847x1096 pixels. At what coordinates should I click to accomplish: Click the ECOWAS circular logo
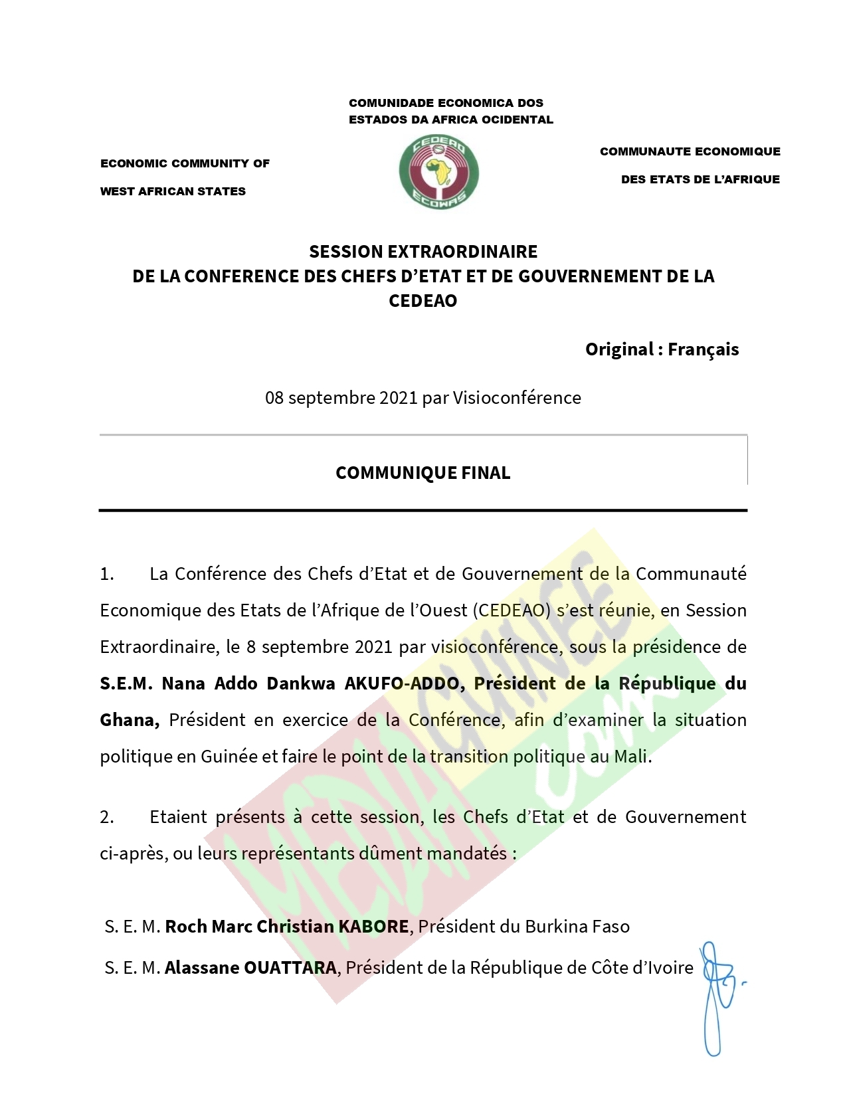(x=438, y=172)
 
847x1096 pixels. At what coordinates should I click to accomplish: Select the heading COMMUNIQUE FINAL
(x=423, y=473)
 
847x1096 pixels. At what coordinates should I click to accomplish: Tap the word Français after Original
(x=703, y=349)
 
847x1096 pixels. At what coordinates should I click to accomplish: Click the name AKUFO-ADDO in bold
(x=402, y=684)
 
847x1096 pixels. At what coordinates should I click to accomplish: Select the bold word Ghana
(x=128, y=720)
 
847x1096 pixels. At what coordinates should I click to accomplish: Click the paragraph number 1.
(x=106, y=574)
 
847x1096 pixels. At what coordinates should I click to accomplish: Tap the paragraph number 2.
(x=106, y=817)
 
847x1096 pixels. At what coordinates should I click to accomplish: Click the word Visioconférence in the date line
(x=517, y=398)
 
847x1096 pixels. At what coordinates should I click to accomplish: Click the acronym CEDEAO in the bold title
(x=423, y=301)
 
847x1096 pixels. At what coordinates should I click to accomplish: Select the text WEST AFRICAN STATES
(x=173, y=191)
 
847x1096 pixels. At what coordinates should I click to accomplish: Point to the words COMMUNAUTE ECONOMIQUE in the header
(x=690, y=151)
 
